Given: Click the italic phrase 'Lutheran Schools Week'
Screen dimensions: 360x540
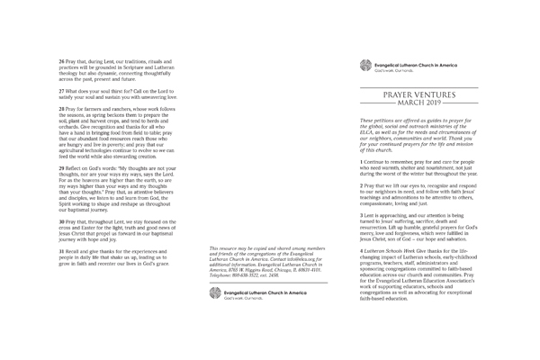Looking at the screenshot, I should tap(392, 251).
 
